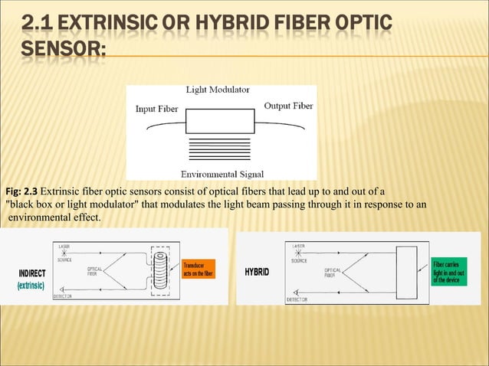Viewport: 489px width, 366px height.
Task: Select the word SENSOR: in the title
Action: click(x=64, y=48)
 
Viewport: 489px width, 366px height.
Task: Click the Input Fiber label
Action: click(x=156, y=109)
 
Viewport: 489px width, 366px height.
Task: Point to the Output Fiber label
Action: click(x=287, y=106)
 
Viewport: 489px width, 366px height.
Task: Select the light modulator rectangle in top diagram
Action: click(x=219, y=121)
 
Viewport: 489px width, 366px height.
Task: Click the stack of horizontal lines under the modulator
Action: click(x=219, y=149)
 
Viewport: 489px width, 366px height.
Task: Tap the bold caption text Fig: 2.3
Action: click(x=21, y=191)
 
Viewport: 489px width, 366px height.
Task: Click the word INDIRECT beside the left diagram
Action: click(x=32, y=273)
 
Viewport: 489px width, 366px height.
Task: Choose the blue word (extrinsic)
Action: click(x=31, y=286)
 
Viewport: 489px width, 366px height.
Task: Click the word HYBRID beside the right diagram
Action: click(x=257, y=273)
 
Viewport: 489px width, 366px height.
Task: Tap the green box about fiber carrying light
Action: click(x=451, y=272)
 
